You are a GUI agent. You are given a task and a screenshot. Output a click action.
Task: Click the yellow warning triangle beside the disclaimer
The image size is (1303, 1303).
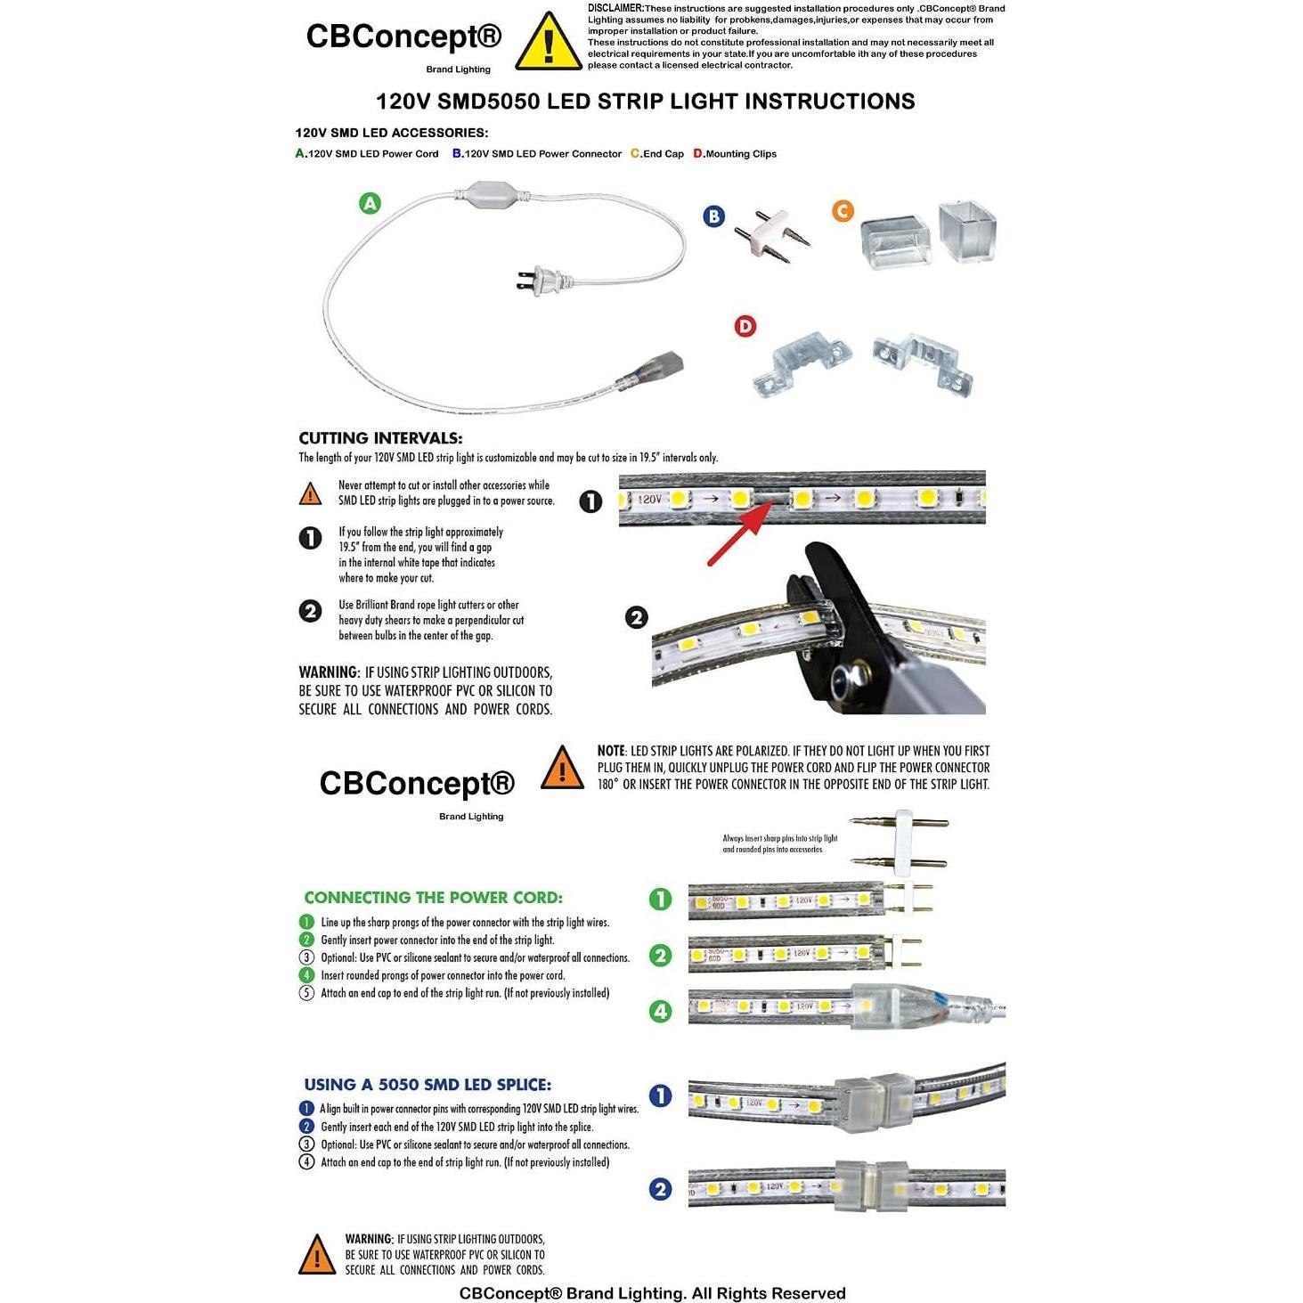tap(549, 43)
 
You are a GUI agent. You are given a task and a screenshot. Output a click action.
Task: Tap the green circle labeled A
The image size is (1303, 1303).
tap(370, 203)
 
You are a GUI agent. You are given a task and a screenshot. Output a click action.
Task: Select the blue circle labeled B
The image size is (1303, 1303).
tap(713, 216)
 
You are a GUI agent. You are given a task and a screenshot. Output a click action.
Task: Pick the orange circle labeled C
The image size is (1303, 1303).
tap(843, 211)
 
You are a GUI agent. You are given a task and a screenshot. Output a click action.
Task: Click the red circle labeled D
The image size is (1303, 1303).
tap(745, 326)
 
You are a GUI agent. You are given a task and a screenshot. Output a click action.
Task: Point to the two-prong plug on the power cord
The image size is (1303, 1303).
tap(540, 281)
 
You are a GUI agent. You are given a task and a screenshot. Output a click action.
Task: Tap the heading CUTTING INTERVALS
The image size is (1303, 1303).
tap(380, 438)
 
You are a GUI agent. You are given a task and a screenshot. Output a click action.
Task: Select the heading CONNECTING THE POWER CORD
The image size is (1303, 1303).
tap(433, 898)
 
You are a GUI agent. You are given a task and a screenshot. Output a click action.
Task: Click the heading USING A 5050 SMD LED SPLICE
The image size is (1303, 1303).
tap(428, 1085)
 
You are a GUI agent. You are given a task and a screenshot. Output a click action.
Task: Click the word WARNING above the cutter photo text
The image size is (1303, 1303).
tap(329, 672)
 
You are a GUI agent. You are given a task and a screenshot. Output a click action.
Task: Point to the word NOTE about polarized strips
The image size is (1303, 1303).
tap(611, 751)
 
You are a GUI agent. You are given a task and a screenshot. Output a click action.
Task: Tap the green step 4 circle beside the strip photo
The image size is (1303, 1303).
tap(660, 1012)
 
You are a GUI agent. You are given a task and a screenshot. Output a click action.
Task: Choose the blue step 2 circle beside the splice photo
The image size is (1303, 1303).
tap(660, 1189)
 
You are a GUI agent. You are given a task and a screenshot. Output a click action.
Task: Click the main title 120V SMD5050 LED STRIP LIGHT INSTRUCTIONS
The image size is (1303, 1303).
tap(645, 102)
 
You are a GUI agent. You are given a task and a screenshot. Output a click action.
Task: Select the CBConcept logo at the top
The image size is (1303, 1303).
tap(403, 37)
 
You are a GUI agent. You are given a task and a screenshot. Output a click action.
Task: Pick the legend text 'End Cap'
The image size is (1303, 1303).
tap(663, 154)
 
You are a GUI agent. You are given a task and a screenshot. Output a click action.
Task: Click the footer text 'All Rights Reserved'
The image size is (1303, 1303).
tap(769, 1293)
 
